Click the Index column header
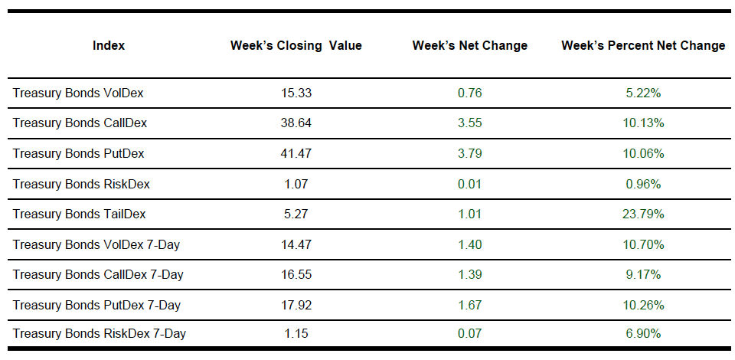pos(109,46)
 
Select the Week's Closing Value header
pos(296,46)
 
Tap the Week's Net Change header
pos(469,46)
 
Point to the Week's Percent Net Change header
pos(642,46)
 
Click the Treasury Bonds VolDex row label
pos(78,93)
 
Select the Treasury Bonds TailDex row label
pos(79,214)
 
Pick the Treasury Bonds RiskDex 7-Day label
pos(100,334)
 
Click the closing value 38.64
pos(296,123)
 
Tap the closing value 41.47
pos(296,154)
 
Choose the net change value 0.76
pos(469,93)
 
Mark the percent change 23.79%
pos(643,214)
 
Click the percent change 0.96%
pos(643,184)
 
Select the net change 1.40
pos(469,244)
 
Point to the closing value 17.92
pos(296,305)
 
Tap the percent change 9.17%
pos(643,274)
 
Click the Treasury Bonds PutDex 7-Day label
pos(96,305)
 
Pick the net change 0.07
pos(469,334)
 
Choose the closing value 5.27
pos(296,214)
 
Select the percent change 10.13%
pos(643,123)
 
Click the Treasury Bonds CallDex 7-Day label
pos(98,274)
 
